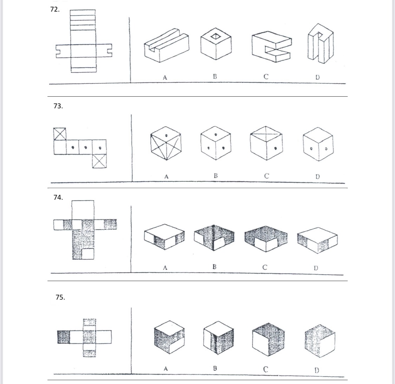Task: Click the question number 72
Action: (55, 9)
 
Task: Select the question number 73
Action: (58, 106)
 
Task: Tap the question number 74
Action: (58, 197)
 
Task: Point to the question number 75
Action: (60, 297)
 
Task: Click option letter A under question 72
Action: (165, 77)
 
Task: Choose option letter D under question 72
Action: (317, 77)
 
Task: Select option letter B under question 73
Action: (215, 175)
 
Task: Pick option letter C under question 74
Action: (265, 267)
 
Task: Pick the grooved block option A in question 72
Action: (166, 45)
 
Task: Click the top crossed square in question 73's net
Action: (60, 134)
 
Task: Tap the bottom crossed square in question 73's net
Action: (99, 161)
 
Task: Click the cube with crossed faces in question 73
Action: (166, 143)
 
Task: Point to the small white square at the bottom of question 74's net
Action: (88, 254)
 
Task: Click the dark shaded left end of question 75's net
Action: (64, 337)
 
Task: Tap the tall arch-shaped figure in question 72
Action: (320, 43)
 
